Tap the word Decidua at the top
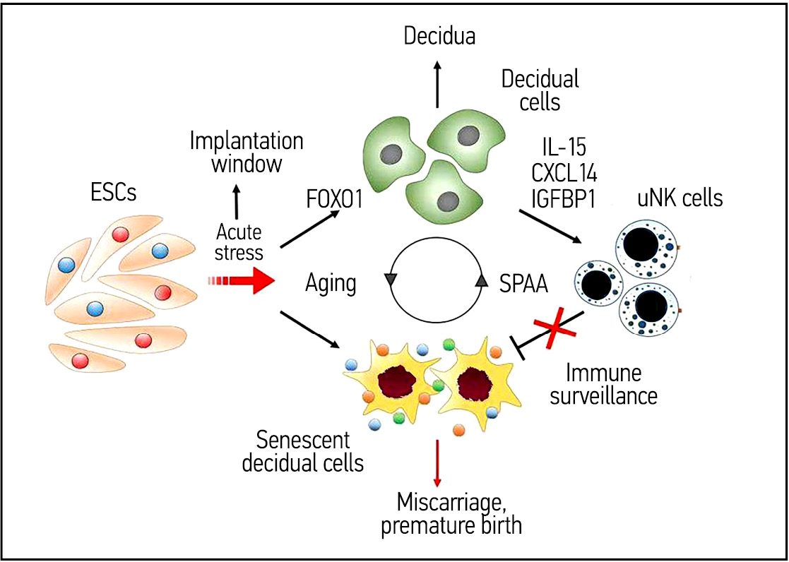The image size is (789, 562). coord(439,36)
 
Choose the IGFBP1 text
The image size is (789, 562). coord(563,199)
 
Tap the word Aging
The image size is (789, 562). coord(331,284)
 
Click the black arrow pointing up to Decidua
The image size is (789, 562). coord(438,84)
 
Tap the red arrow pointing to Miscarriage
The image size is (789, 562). coord(438,462)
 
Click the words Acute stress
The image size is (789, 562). coord(239,241)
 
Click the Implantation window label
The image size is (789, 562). coord(246,153)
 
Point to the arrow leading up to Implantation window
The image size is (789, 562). coord(236,201)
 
